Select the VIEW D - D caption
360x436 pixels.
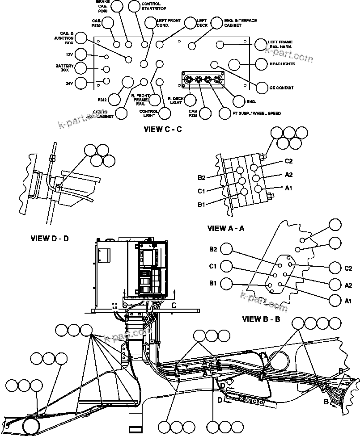click(50, 238)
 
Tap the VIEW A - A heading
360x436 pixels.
click(226, 228)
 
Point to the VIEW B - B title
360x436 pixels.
click(261, 319)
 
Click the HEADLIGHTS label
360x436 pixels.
click(282, 64)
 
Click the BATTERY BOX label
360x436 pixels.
click(61, 68)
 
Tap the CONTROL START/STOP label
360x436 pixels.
click(151, 6)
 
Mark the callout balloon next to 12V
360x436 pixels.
click(81, 54)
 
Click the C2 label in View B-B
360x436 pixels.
click(349, 268)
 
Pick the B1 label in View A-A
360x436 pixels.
click(202, 205)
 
